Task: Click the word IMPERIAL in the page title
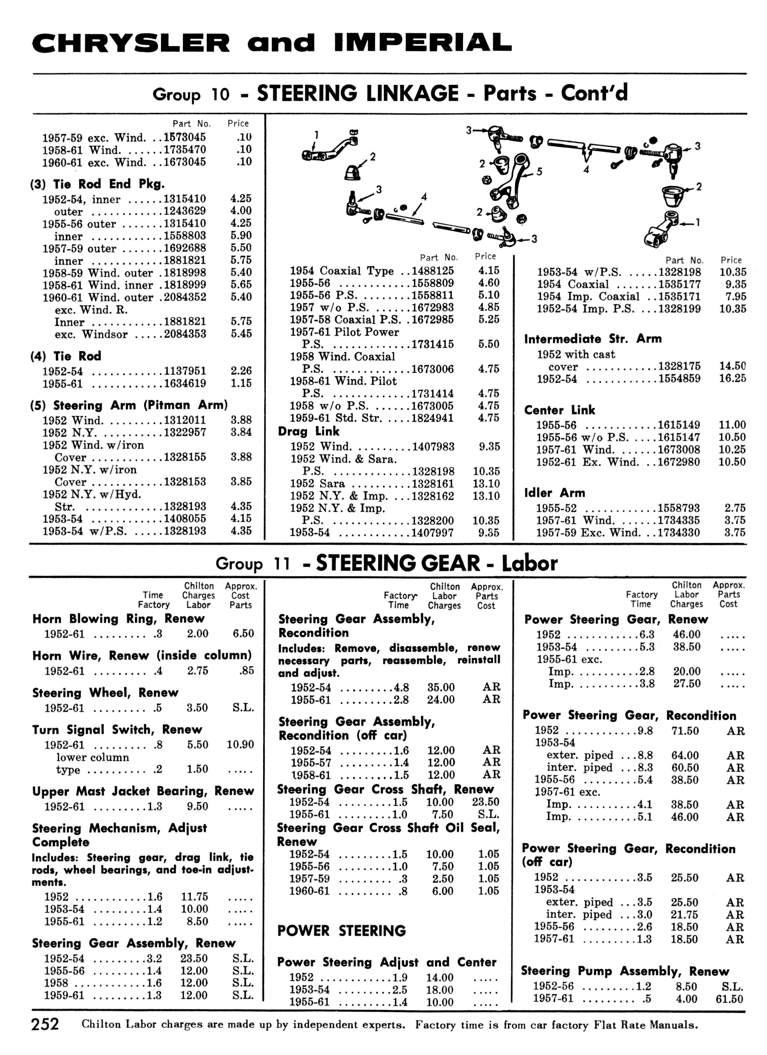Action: (x=423, y=43)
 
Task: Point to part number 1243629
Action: (x=185, y=211)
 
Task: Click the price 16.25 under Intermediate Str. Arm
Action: (x=732, y=378)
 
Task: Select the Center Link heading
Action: (x=560, y=410)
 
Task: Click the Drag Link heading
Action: (x=309, y=431)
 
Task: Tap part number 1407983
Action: (x=433, y=447)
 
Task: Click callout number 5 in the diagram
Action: (x=539, y=172)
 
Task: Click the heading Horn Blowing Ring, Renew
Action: (x=118, y=619)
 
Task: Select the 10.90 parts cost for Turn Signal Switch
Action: (x=240, y=745)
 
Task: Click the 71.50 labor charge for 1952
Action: (x=685, y=731)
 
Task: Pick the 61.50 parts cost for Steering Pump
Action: (x=729, y=999)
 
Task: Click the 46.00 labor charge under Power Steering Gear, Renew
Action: (x=686, y=635)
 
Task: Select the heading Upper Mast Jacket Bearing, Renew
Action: (x=143, y=791)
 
